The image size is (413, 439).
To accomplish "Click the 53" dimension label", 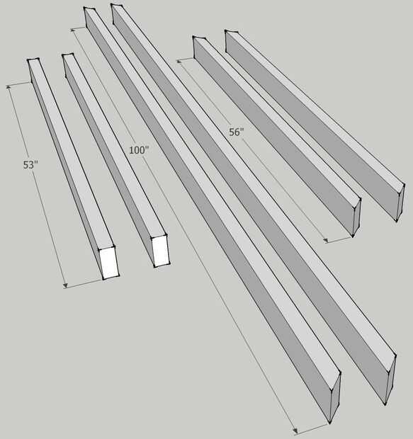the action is [30, 165].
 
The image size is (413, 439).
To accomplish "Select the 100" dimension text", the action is [138, 150].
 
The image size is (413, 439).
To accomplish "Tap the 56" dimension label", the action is [237, 132].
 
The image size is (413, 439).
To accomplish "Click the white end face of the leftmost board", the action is [109, 263].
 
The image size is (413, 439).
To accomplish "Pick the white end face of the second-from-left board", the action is [161, 251].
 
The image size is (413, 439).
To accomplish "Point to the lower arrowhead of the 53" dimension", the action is [65, 285].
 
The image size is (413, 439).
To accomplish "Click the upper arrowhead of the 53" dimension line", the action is [9, 87].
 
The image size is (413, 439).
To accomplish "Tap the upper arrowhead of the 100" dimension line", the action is [74, 30].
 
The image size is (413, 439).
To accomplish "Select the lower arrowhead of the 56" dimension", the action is [325, 241].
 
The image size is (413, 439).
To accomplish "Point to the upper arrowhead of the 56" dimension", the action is [179, 61].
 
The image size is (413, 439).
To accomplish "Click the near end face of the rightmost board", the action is [401, 203].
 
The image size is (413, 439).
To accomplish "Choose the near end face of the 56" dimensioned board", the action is [357, 217].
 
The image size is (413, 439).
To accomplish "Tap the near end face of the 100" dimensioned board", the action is [335, 397].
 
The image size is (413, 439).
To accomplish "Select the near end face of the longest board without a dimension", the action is [390, 380].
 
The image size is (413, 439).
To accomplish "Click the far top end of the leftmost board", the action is [33, 60].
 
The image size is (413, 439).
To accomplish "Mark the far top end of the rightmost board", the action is [232, 32].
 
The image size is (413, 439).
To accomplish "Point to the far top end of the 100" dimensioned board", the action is [90, 9].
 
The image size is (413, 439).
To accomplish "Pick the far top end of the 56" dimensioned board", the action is [199, 38].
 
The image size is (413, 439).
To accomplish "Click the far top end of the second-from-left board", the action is [68, 55].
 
